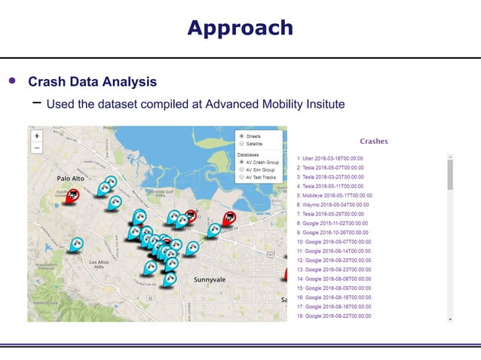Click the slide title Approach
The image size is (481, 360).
point(240,28)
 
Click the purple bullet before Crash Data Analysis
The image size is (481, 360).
point(11,81)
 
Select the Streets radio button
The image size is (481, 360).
point(241,136)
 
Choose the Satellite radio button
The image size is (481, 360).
point(241,143)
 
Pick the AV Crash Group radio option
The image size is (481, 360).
point(241,162)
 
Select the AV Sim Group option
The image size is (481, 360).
point(241,169)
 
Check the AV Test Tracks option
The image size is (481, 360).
point(241,177)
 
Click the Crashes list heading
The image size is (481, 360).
point(374,141)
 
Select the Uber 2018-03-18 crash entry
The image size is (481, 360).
point(330,159)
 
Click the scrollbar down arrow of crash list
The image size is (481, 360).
point(450,319)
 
